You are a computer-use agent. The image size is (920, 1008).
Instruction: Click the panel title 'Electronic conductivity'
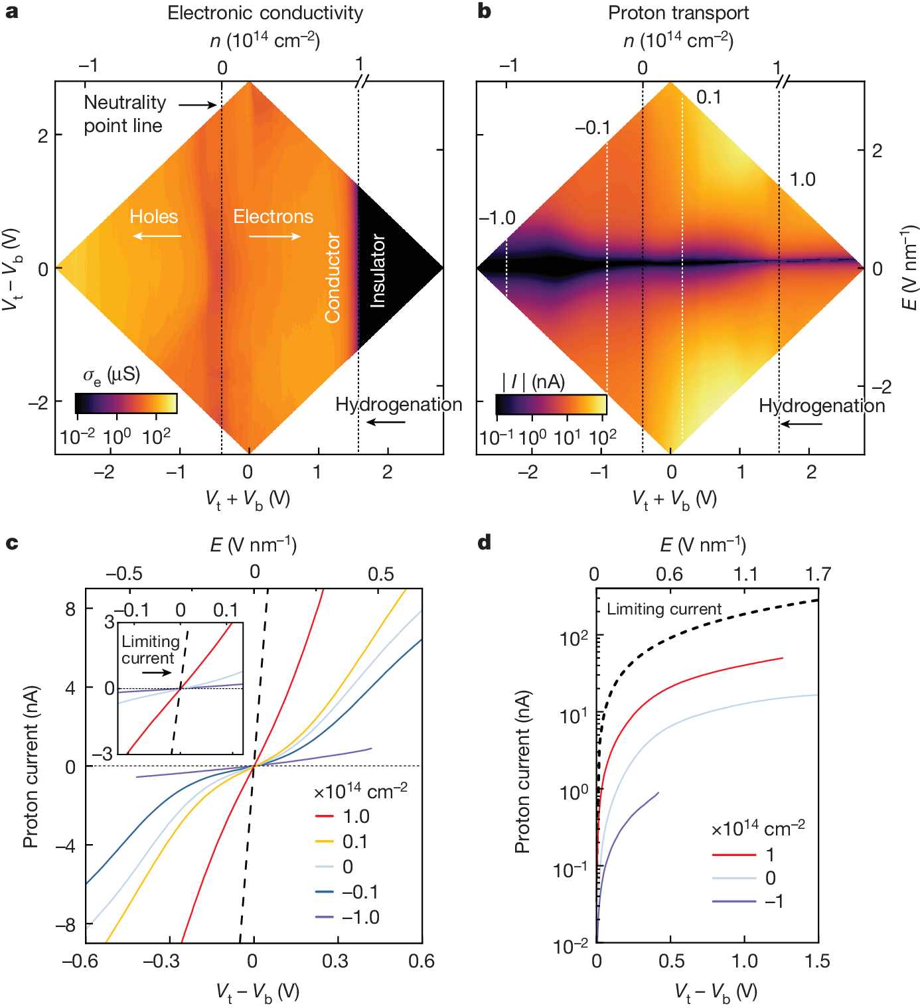pyautogui.click(x=265, y=13)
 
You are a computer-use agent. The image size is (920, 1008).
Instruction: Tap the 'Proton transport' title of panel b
pyautogui.click(x=678, y=13)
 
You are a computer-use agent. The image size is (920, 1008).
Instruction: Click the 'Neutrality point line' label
pyautogui.click(x=124, y=113)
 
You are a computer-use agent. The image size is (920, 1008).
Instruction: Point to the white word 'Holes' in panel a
pyautogui.click(x=153, y=217)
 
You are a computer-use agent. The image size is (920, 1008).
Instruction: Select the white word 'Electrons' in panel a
pyautogui.click(x=273, y=217)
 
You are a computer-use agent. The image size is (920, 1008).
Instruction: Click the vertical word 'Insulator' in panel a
pyautogui.click(x=378, y=270)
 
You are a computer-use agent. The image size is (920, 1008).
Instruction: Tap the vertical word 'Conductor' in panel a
pyautogui.click(x=333, y=278)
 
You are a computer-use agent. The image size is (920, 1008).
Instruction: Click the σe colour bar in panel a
pyautogui.click(x=126, y=403)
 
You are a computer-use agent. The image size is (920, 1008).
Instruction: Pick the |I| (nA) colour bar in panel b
pyautogui.click(x=551, y=405)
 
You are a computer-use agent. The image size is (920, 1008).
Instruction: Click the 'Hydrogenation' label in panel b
pyautogui.click(x=822, y=406)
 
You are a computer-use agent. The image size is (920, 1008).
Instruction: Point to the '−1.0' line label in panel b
pyautogui.click(x=497, y=218)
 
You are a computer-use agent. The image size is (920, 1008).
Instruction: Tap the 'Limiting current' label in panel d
pyautogui.click(x=664, y=609)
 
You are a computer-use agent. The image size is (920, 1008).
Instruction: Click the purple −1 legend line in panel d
pyautogui.click(x=733, y=901)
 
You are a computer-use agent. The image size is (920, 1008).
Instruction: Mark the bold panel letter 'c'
pyautogui.click(x=12, y=543)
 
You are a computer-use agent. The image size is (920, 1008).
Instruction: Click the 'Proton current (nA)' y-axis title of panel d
pyautogui.click(x=522, y=771)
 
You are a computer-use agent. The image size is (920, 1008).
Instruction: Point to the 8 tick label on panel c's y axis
pyautogui.click(x=70, y=609)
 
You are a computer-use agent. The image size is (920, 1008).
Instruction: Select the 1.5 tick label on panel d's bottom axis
pyautogui.click(x=817, y=961)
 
